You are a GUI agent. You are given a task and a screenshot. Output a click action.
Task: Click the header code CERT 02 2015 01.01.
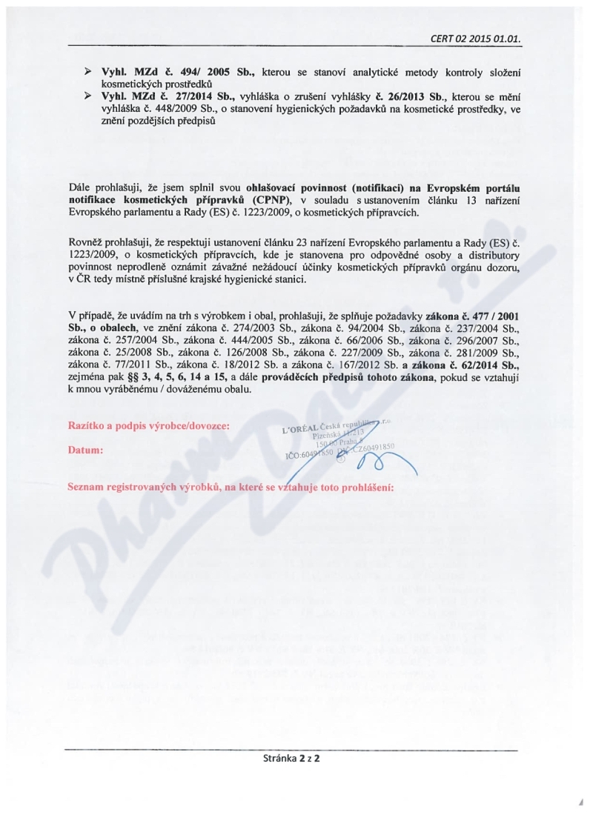click(483, 39)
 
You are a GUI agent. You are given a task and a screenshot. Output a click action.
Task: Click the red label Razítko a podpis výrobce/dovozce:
click(148, 425)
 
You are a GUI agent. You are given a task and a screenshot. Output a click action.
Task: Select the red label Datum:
click(85, 450)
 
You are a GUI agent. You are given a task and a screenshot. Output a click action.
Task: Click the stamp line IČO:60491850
click(312, 456)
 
